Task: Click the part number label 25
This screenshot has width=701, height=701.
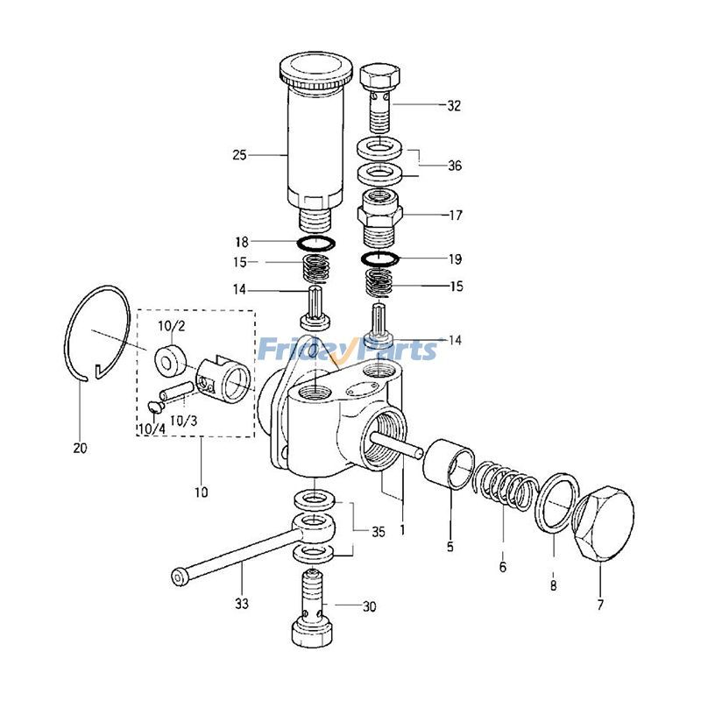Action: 239,155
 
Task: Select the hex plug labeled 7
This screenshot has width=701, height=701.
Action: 604,524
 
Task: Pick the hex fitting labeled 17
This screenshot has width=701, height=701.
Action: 381,214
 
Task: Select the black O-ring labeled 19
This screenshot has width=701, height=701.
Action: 380,258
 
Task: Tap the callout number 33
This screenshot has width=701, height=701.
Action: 242,604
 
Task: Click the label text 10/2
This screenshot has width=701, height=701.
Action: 171,327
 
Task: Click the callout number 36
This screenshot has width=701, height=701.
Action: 455,166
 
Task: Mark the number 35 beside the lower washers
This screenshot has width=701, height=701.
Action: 377,532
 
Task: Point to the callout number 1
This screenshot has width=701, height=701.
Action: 402,530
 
